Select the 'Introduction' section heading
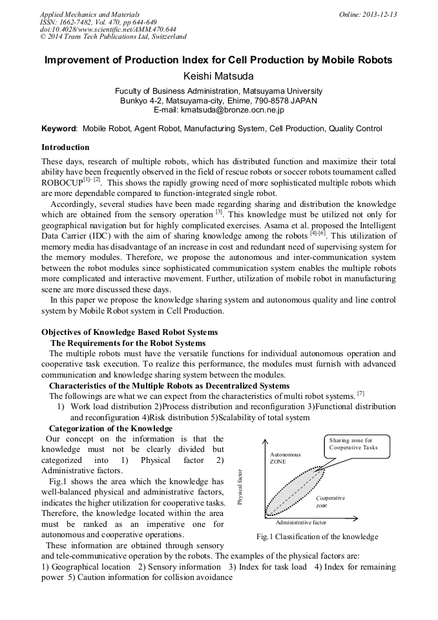point(65,147)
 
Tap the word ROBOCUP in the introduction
point(61,183)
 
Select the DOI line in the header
point(108,29)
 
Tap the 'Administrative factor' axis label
point(300,522)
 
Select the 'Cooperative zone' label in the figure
point(330,502)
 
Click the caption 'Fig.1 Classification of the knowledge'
point(317,537)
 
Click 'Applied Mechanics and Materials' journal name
point(89,14)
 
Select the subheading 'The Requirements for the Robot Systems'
point(128,343)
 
